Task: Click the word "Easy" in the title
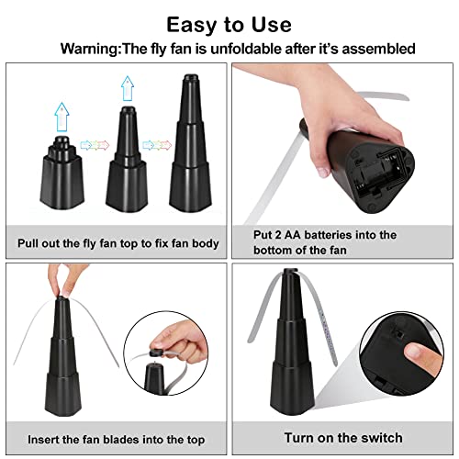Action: (x=192, y=26)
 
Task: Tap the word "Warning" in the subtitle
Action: (x=89, y=49)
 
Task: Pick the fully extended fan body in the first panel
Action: (x=190, y=144)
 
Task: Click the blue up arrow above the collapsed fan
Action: (x=62, y=118)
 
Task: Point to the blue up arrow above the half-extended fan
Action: (x=128, y=89)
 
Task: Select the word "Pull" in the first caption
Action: (x=28, y=243)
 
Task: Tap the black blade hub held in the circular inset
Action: (x=157, y=353)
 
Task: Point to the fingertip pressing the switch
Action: (x=415, y=352)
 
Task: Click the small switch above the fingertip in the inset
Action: (x=397, y=334)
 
